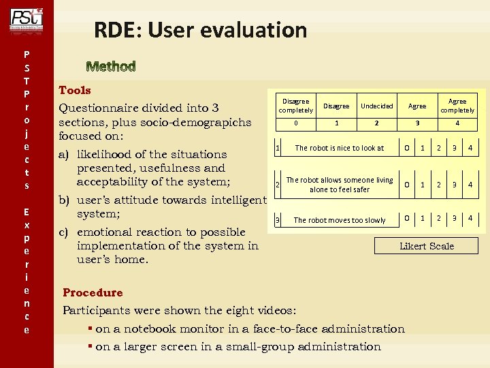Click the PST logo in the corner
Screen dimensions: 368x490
point(27,18)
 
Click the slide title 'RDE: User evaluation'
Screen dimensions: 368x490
point(200,30)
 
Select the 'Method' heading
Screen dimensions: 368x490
point(111,66)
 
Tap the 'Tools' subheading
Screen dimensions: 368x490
point(75,90)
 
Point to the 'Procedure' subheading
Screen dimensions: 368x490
point(93,292)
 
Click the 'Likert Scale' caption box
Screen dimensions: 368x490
point(427,246)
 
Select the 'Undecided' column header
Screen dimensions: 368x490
point(376,106)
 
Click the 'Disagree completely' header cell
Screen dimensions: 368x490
point(295,106)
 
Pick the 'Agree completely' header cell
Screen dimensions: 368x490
point(457,106)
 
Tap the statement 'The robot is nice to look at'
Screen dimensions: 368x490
point(339,148)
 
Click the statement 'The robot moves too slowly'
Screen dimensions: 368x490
point(339,220)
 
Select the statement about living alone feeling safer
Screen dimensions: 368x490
point(339,185)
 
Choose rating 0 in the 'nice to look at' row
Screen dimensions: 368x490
point(407,148)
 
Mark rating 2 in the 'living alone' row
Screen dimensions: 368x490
point(439,185)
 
